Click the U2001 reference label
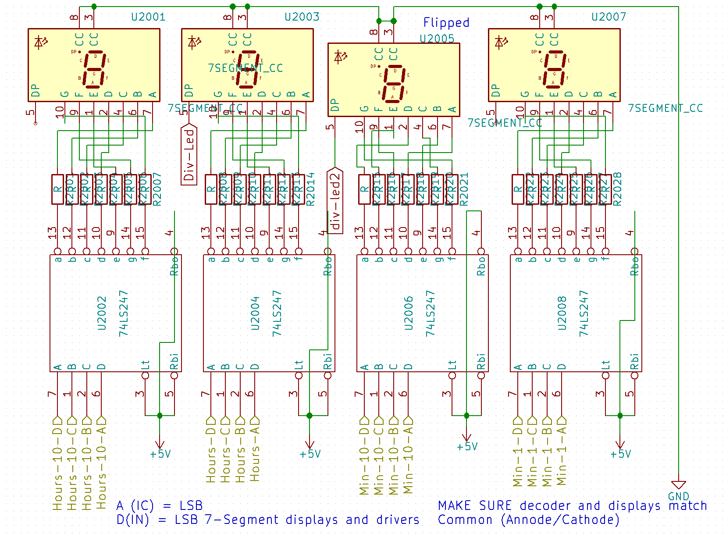tap(148, 17)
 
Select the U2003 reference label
tap(302, 17)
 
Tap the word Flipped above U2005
tap(446, 22)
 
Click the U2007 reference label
tap(609, 17)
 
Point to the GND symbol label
tap(678, 496)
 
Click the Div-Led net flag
tap(189, 154)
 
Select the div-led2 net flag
tap(335, 201)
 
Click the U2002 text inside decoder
tap(102, 313)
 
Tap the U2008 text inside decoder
tap(562, 313)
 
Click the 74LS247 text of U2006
tap(431, 313)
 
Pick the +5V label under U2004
tap(310, 454)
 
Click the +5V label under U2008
tap(620, 454)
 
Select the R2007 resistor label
tap(157, 189)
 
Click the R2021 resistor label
tap(464, 189)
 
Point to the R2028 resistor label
tap(617, 189)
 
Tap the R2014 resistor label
tap(310, 189)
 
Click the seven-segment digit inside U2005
tap(394, 84)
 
